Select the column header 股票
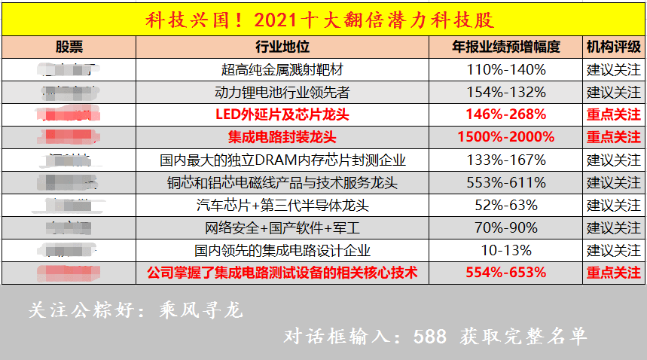tap(69, 47)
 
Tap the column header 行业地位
tap(282, 47)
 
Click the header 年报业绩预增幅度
tap(505, 47)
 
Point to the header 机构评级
tap(613, 47)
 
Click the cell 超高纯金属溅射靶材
tap(282, 70)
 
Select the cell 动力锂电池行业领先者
tap(282, 93)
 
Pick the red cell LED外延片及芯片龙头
tap(282, 115)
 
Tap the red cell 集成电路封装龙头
tap(282, 138)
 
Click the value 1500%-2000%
tap(505, 138)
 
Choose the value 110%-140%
tap(505, 70)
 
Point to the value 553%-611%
tap(505, 183)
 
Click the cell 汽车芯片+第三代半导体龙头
tap(282, 206)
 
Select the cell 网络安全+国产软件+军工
tap(282, 228)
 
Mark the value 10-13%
tap(505, 251)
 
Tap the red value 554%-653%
tap(505, 273)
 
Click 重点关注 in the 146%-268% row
tap(613, 115)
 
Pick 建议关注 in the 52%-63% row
tap(613, 206)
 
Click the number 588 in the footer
tap(429, 336)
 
